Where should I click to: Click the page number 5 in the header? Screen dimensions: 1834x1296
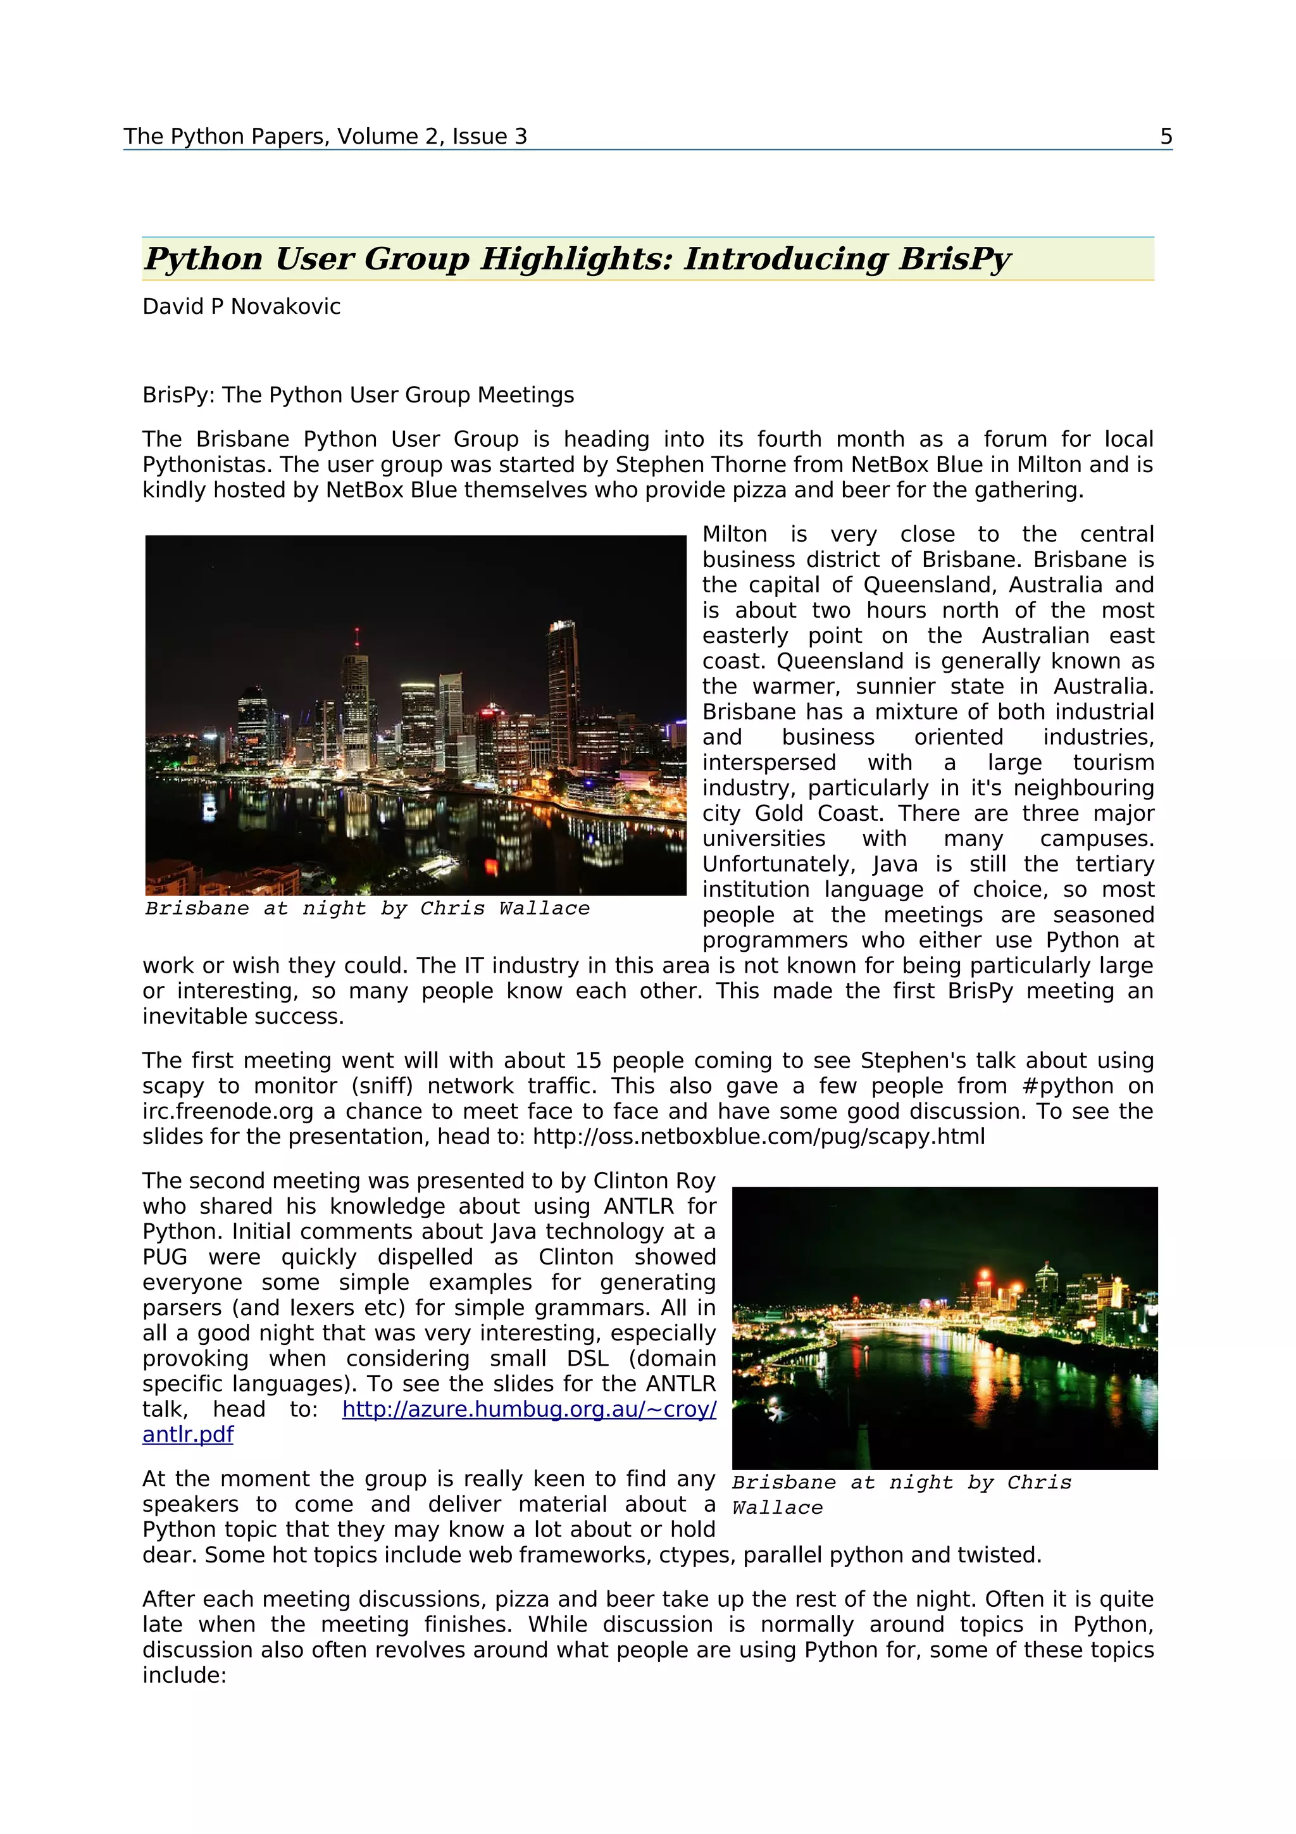[1166, 137]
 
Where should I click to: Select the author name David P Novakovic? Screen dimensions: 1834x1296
[241, 307]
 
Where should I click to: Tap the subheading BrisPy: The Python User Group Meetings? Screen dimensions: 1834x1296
[358, 396]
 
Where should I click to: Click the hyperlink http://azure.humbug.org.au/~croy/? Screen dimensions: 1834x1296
[528, 1410]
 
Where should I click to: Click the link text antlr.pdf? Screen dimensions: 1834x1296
[188, 1435]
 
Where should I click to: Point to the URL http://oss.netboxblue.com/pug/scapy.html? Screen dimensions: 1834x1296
[759, 1137]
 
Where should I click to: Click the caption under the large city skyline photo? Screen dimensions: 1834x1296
[367, 909]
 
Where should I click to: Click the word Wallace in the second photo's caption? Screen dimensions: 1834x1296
[777, 1508]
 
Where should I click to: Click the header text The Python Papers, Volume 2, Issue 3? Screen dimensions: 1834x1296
[325, 137]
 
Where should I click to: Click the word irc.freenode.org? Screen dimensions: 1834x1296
[228, 1112]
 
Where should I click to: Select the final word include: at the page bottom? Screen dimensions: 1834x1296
[184, 1676]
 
